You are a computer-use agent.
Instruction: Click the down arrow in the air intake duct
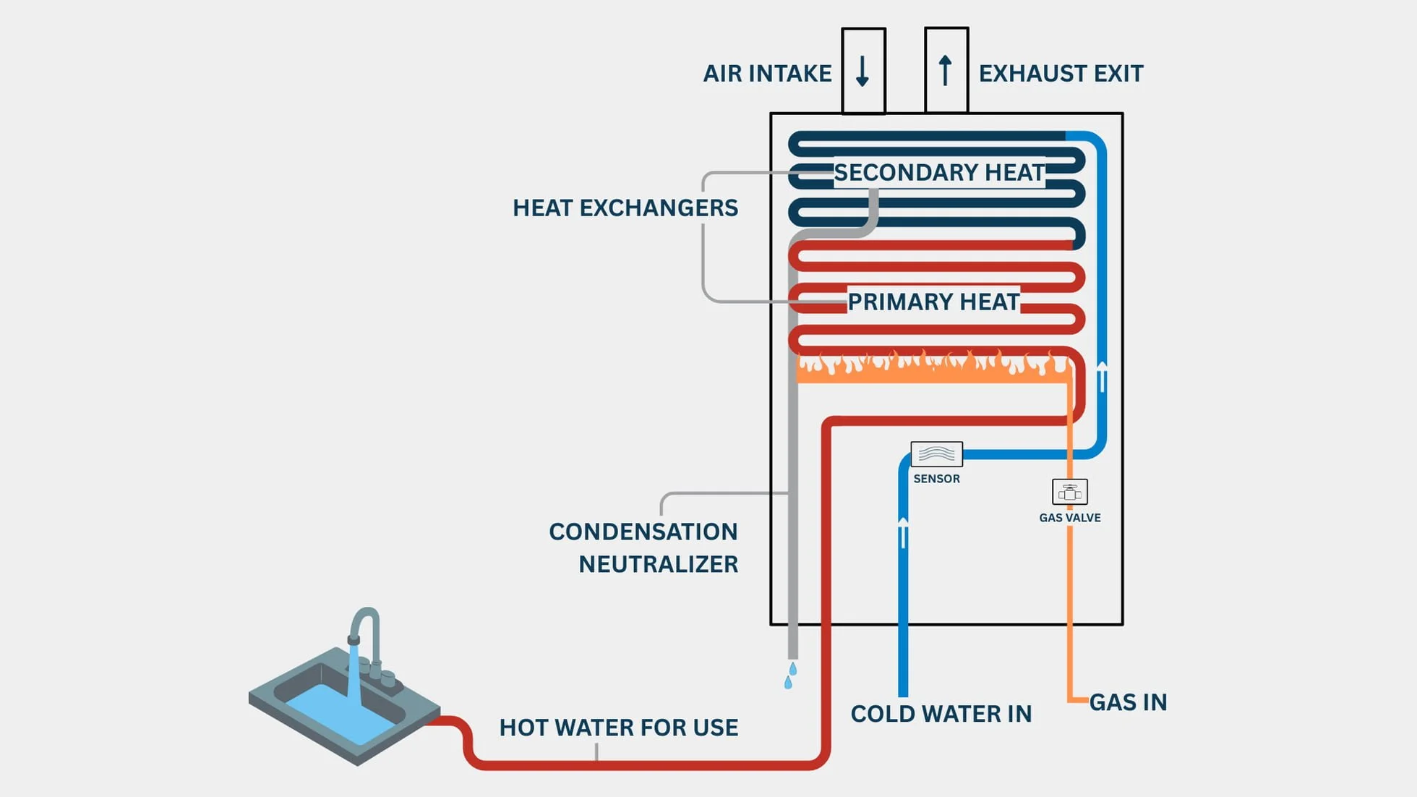pos(862,72)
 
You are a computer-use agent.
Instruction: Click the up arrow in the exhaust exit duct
pos(945,71)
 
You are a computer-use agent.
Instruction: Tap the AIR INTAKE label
pos(767,74)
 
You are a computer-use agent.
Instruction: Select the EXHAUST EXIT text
pos(1061,74)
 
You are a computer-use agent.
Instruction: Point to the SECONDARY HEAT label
pos(939,173)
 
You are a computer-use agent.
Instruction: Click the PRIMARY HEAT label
pos(933,302)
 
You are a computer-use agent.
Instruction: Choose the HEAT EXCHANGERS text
pos(625,208)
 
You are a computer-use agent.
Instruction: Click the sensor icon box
pos(936,454)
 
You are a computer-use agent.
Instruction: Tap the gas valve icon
pos(1069,493)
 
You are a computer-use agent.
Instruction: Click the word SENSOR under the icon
pos(936,479)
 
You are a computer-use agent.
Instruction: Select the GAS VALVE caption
pos(1069,518)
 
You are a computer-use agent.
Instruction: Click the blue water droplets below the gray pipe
pos(790,675)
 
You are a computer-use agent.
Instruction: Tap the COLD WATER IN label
pos(941,715)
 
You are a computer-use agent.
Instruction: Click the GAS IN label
pos(1128,703)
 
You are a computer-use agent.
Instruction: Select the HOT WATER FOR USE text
pos(619,728)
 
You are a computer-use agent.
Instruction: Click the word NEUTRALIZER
pos(658,565)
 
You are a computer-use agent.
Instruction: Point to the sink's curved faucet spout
pos(367,621)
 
